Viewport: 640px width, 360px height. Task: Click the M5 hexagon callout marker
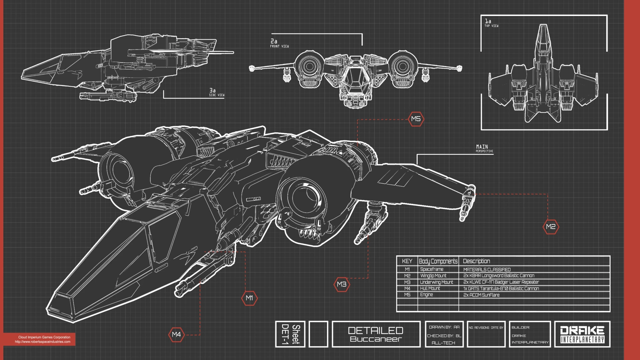416,119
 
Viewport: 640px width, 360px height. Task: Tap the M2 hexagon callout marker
551,227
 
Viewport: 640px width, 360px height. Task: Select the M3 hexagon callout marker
342,284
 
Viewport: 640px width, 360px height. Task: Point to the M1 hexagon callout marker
249,298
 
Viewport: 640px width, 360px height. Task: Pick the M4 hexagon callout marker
176,334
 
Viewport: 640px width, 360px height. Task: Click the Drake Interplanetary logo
582,334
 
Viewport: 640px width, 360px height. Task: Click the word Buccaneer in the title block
376,339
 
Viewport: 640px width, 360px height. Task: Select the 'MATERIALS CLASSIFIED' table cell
487,269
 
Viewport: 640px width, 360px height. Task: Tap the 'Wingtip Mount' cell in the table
433,276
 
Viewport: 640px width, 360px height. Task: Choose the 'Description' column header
476,261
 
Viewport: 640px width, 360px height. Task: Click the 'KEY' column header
407,261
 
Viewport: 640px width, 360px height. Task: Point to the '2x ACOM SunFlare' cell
481,295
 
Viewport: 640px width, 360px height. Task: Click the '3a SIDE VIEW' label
216,92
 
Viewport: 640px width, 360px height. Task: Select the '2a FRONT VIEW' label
279,43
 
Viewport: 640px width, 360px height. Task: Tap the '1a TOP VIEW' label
491,23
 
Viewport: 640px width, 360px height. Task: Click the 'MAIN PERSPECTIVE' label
484,148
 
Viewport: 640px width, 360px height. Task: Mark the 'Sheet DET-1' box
290,334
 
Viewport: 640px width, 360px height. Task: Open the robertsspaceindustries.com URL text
43,342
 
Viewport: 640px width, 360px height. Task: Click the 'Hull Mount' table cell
430,288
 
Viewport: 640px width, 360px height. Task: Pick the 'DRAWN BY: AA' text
444,327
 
